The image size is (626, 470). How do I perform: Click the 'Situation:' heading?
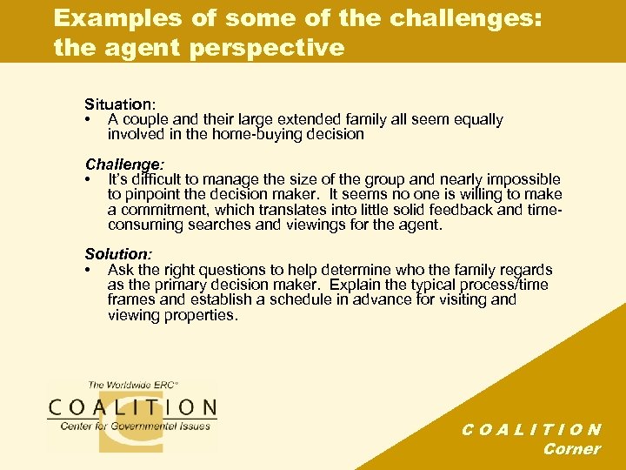[x=121, y=104]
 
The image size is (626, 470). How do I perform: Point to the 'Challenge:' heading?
[x=125, y=164]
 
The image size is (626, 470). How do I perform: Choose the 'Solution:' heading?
[x=118, y=254]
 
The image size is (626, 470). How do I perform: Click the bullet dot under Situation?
[x=89, y=120]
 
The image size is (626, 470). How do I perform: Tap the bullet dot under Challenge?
[x=89, y=180]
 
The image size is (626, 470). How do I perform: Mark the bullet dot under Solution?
[x=89, y=271]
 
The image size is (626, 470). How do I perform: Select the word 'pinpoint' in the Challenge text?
[x=153, y=195]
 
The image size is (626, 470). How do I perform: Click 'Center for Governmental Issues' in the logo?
[x=135, y=426]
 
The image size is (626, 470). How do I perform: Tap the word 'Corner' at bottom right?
[x=571, y=449]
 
